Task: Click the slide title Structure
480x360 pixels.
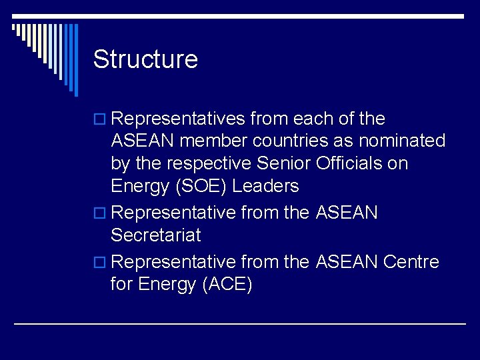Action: coord(145,59)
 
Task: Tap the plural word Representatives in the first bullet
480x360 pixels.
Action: coord(179,119)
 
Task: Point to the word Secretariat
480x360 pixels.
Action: coord(155,235)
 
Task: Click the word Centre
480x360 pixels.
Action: coord(411,262)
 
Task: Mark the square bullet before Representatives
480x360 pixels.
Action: coord(99,120)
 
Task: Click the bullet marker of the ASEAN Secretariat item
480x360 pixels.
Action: coord(99,214)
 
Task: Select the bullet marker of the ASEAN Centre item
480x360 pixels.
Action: coord(99,263)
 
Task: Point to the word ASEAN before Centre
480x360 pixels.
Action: coord(347,262)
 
